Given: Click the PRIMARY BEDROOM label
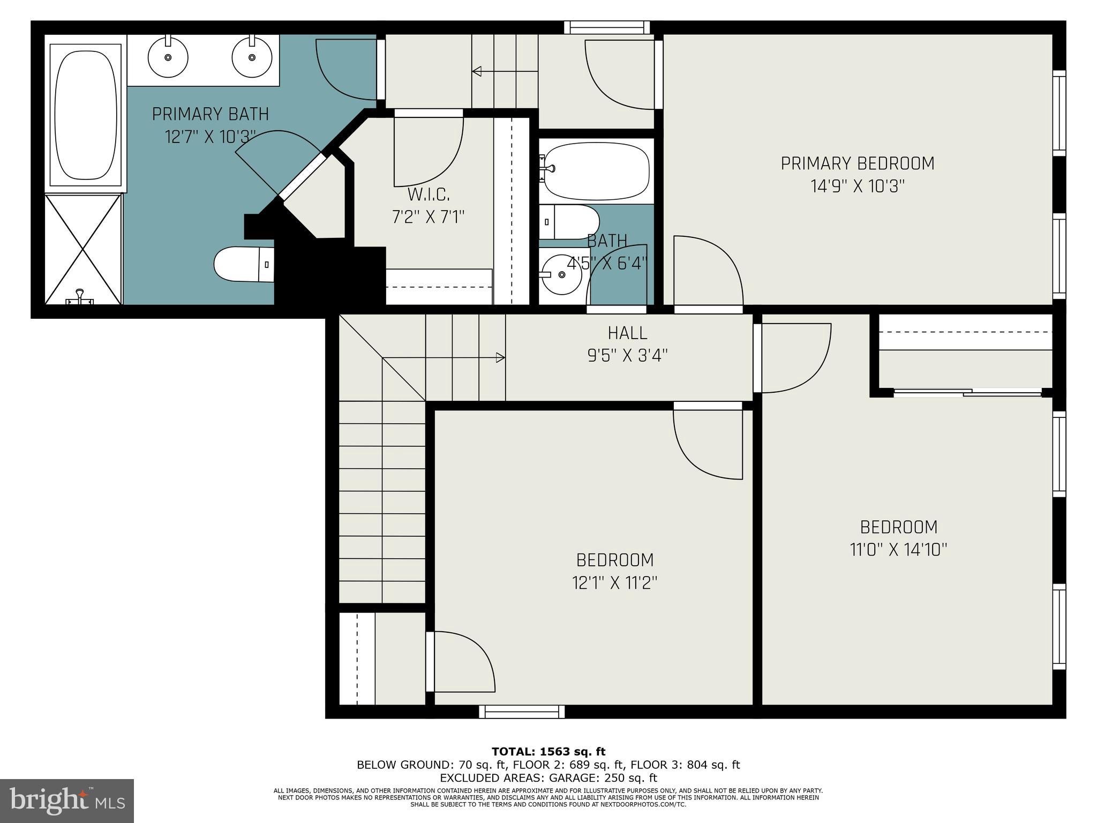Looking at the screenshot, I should click(x=857, y=163).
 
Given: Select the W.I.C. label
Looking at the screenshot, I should click(x=429, y=194).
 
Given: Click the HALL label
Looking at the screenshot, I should click(x=627, y=333).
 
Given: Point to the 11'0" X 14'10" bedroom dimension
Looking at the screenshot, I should click(x=898, y=550).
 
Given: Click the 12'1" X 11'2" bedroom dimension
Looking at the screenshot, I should click(x=614, y=583).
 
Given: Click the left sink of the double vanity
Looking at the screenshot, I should click(x=168, y=57).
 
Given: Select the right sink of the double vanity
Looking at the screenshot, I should click(x=252, y=57).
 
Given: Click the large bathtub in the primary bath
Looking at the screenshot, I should click(x=86, y=115).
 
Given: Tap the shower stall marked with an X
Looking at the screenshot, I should click(x=83, y=250).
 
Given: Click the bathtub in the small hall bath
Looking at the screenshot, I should click(x=596, y=170).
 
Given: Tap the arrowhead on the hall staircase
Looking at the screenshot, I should click(x=501, y=357).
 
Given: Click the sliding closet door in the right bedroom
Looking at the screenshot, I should click(x=967, y=393).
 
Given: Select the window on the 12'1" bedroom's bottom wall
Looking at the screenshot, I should click(x=522, y=712).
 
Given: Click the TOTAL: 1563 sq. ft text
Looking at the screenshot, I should click(x=548, y=751).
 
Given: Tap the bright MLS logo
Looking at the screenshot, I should click(x=67, y=800).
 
